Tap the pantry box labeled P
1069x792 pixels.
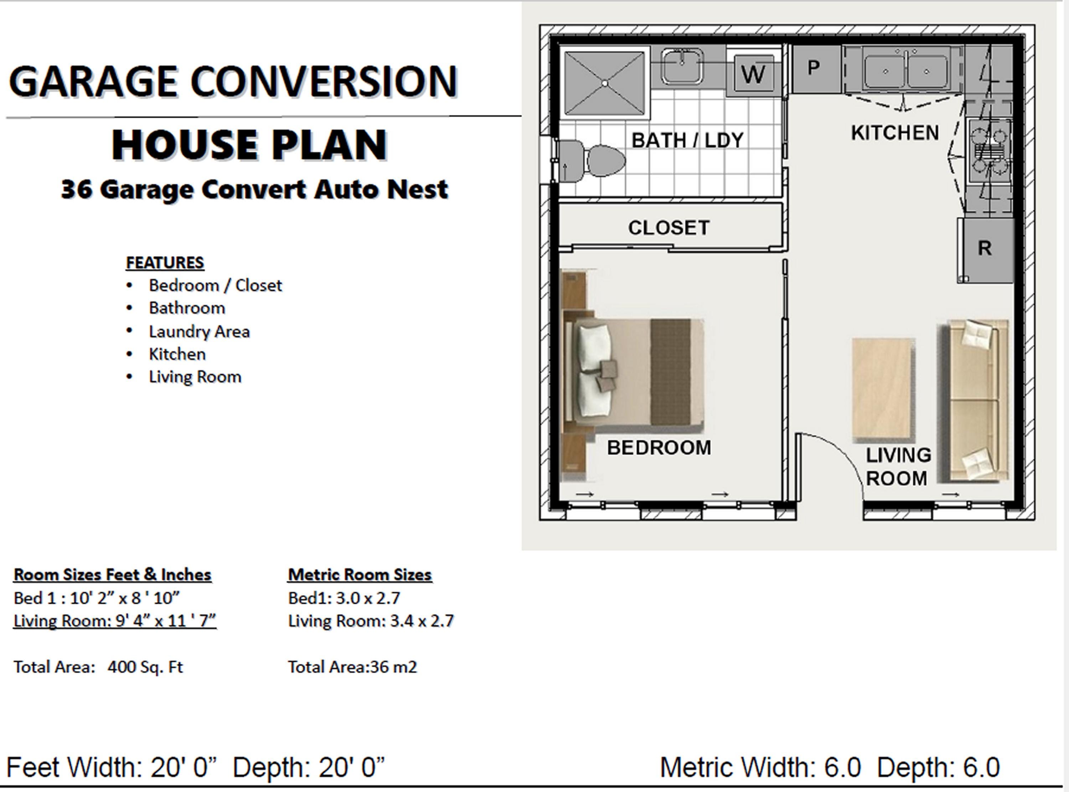coord(814,68)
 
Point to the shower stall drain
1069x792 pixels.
coord(605,83)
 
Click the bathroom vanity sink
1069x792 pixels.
coord(682,65)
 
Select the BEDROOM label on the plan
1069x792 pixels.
coord(659,448)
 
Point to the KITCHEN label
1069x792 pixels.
coord(895,133)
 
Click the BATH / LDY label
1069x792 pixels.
coord(687,140)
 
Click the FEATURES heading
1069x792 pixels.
coord(165,263)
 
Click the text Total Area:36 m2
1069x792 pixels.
coord(352,667)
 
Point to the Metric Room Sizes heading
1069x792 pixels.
coord(360,574)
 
